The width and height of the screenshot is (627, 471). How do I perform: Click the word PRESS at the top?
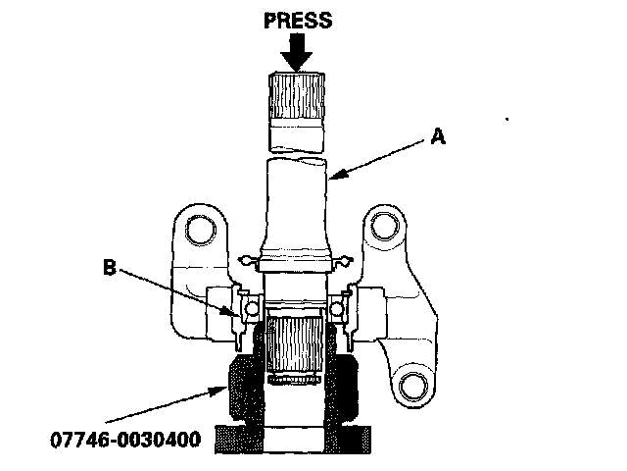tap(304, 19)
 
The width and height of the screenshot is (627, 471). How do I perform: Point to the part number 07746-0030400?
tap(123, 438)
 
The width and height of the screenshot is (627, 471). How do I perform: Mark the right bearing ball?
tap(337, 309)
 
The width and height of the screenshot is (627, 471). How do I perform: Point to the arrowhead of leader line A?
tap(332, 181)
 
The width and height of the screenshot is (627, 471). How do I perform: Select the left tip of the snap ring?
tap(245, 260)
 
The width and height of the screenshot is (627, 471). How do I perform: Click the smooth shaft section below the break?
tap(296, 196)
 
